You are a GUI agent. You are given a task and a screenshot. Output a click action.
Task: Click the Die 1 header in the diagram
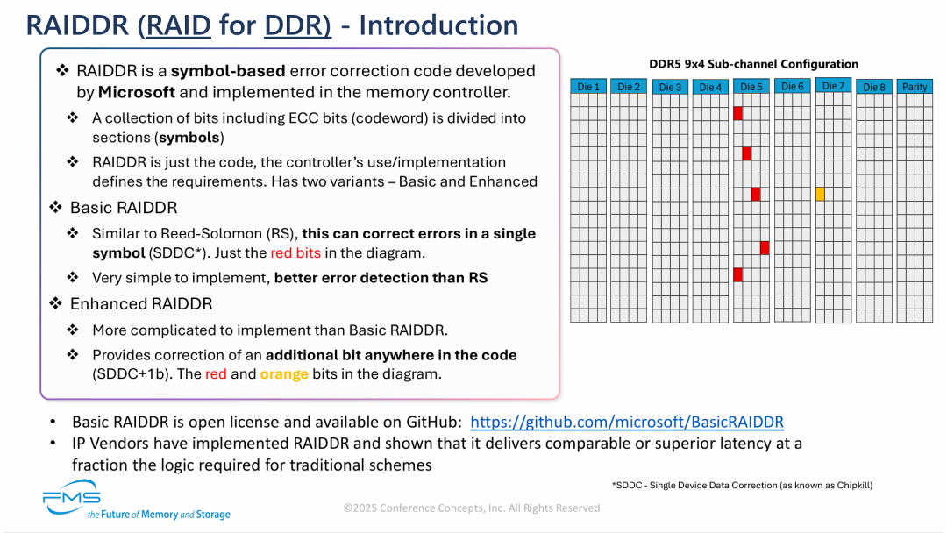587,87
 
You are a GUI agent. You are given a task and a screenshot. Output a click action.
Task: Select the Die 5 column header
751,87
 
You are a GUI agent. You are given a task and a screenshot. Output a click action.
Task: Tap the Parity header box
914,87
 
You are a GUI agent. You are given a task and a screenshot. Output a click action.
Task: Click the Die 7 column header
833,86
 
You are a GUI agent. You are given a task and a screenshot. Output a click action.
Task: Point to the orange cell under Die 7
820,194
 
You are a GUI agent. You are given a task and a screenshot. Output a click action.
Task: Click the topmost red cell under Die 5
737,113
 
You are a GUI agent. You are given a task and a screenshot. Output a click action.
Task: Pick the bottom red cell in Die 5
737,274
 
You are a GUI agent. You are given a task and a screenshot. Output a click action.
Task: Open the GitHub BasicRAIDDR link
627,422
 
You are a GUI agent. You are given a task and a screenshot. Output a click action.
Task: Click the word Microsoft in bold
136,92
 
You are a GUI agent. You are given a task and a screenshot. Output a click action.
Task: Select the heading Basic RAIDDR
124,208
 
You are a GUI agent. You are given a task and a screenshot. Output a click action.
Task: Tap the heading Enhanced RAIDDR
141,304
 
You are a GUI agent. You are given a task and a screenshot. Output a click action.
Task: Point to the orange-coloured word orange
284,374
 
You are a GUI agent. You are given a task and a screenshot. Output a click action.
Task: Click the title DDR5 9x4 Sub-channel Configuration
753,64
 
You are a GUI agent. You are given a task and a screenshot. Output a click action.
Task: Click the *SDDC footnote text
742,485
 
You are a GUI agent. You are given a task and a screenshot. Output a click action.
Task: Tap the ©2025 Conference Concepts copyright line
472,508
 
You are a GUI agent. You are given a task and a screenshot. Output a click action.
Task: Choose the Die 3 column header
670,87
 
